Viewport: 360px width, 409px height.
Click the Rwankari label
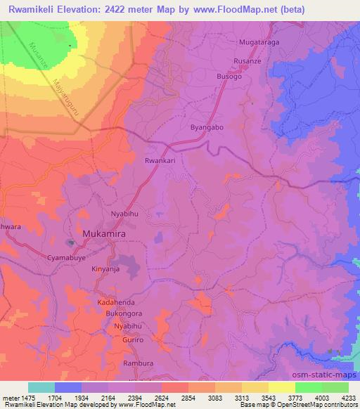(158, 160)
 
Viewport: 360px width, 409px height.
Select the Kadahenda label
(115, 301)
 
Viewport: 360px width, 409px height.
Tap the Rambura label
(138, 363)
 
